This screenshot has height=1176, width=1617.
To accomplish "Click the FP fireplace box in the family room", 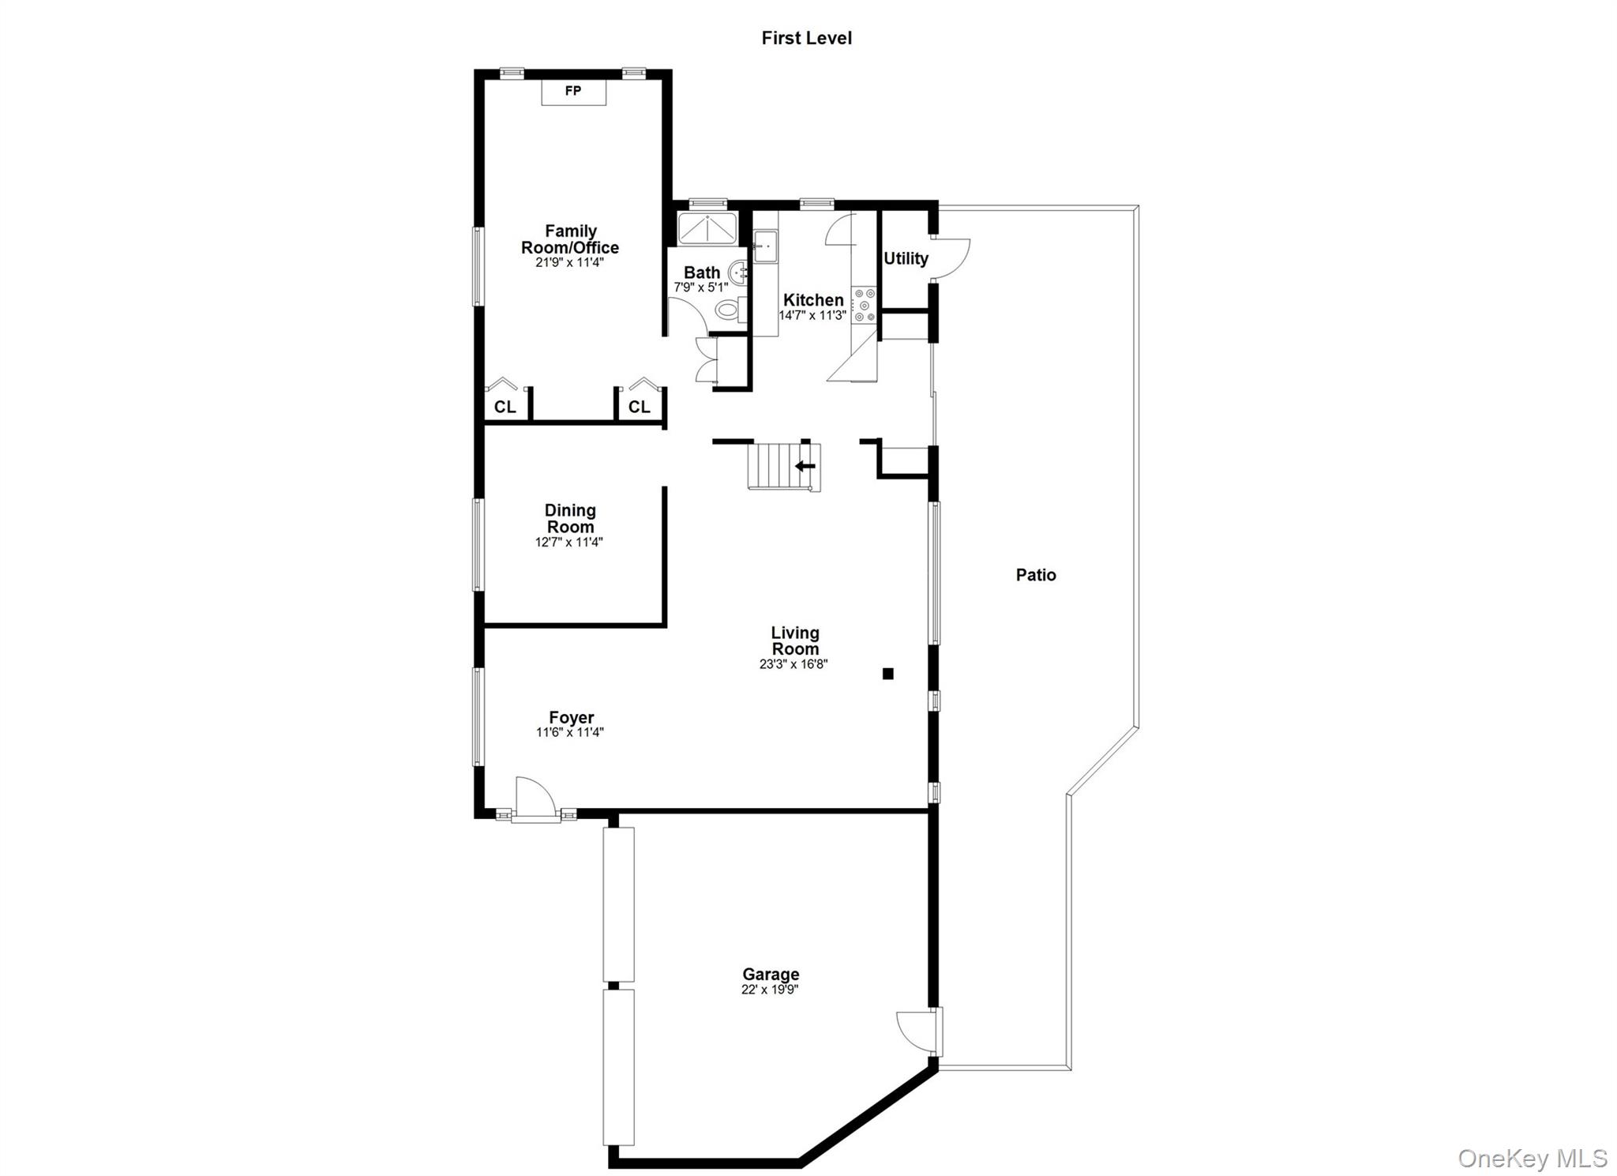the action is coord(573,91).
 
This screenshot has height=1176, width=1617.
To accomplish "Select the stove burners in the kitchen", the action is coord(865,305).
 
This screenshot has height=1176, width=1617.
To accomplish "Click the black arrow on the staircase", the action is coord(805,466).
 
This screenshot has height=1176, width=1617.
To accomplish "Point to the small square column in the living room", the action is coord(888,674).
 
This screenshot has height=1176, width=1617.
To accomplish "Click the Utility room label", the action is coord(906,258).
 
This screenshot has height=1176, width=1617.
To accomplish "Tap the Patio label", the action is coord(1036,575).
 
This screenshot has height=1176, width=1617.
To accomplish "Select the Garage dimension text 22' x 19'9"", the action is coord(770,990).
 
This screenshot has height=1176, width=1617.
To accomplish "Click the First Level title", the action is coord(806,38).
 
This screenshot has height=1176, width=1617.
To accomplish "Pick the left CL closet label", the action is coord(505,407).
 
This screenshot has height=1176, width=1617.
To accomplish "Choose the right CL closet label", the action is coord(640,407).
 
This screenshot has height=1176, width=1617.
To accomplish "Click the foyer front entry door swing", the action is coord(531,796).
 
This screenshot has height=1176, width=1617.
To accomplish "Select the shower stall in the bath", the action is coord(707,228).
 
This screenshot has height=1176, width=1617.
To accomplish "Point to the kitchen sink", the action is coord(764,246).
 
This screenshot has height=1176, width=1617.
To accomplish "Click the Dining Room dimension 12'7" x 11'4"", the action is coord(569,542).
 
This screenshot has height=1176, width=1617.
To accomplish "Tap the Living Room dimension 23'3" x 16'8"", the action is coord(793,664).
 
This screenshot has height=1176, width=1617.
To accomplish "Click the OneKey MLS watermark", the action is coord(1533,1158).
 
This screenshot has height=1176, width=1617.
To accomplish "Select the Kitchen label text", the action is coord(813,300).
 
